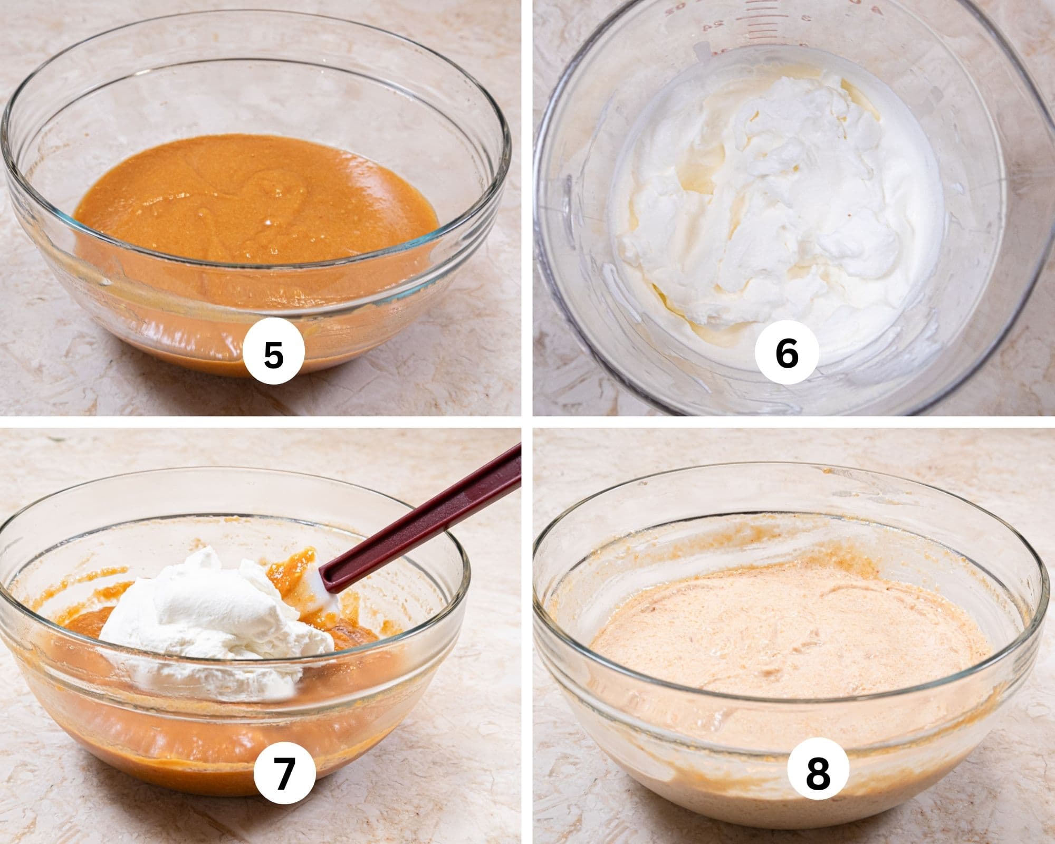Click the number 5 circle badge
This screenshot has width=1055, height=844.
click(x=274, y=354)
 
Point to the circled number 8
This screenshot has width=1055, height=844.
click(x=818, y=774)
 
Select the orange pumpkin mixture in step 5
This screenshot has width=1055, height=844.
click(x=253, y=200)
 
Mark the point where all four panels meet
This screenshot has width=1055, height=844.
click(x=527, y=421)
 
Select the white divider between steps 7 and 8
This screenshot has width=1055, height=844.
click(x=527, y=633)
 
